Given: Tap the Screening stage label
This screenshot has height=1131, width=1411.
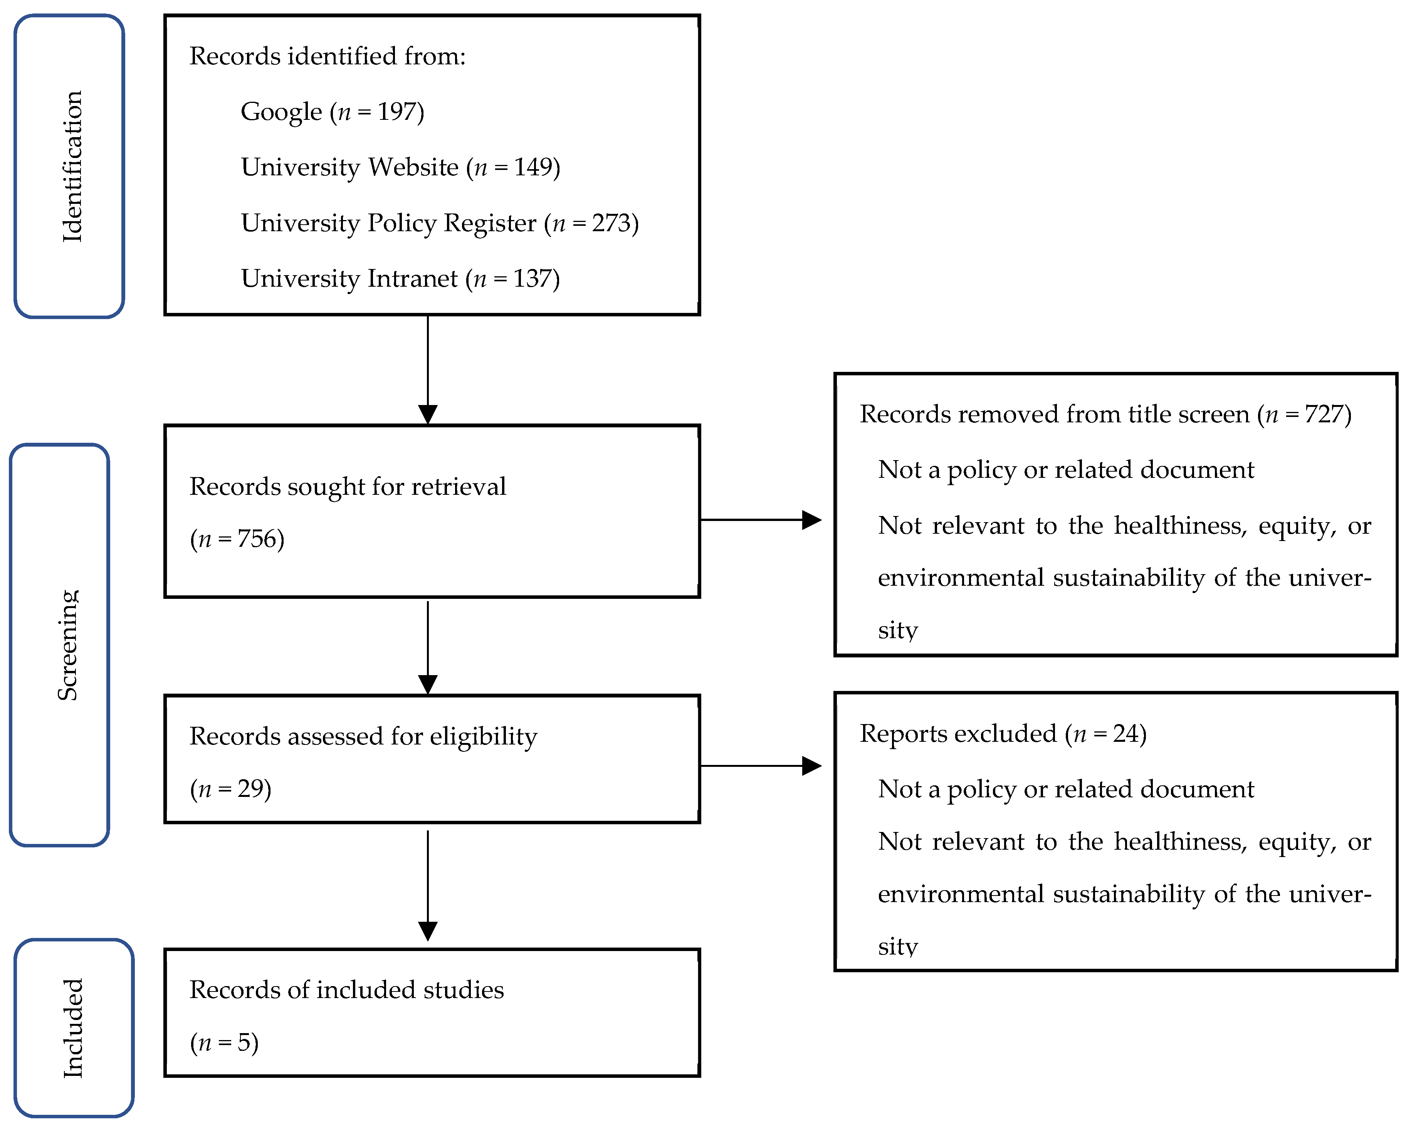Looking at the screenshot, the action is (x=67, y=645).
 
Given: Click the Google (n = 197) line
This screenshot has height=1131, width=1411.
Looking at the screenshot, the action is (x=333, y=112).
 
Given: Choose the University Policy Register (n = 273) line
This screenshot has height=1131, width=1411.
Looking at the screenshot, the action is (x=440, y=223).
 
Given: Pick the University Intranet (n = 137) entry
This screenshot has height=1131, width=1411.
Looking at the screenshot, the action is (x=400, y=279).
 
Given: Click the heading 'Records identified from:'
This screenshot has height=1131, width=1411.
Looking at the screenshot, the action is (x=327, y=56).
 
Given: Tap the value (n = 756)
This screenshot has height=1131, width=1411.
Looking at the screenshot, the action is (x=237, y=539).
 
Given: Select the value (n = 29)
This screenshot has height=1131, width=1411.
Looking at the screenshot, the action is (x=230, y=789).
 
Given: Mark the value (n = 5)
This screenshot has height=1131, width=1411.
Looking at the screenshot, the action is (x=224, y=1042).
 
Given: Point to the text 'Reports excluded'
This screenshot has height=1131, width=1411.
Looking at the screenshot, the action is (x=958, y=734).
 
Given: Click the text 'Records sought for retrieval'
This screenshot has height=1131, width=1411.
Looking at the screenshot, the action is (x=348, y=487).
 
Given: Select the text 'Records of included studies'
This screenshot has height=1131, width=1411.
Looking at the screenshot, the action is (x=347, y=990).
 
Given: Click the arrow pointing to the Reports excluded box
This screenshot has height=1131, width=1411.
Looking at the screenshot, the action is (x=761, y=766).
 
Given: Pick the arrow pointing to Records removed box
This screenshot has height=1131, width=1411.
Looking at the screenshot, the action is (x=761, y=520).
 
